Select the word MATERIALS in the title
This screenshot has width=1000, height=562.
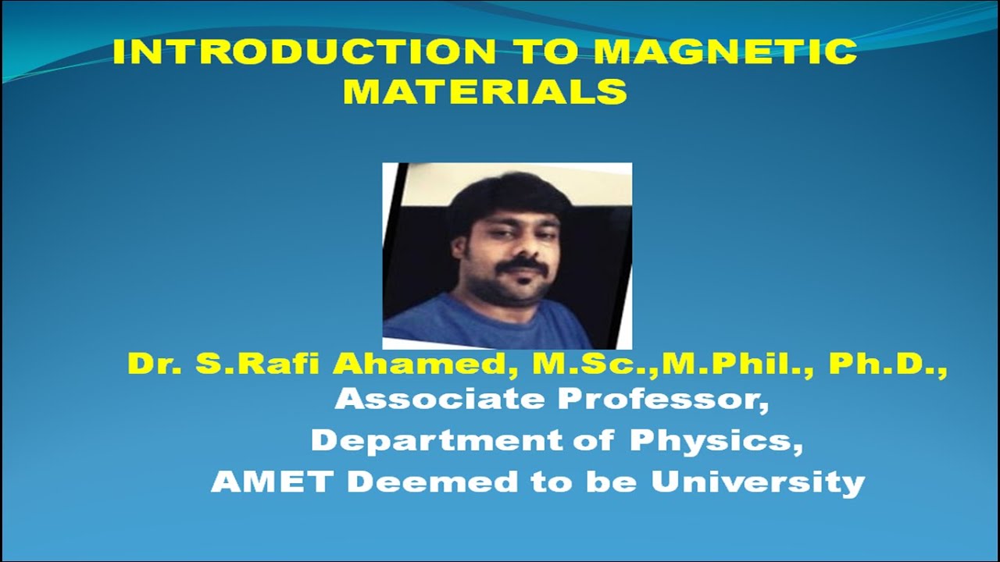coord(485,91)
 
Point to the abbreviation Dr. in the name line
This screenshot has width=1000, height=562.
coord(150,364)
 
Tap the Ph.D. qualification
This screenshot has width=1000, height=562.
coord(887,364)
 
